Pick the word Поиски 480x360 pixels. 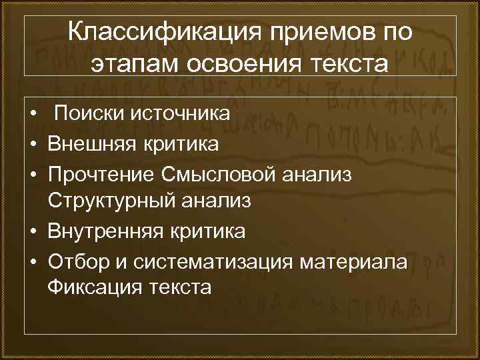83,114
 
